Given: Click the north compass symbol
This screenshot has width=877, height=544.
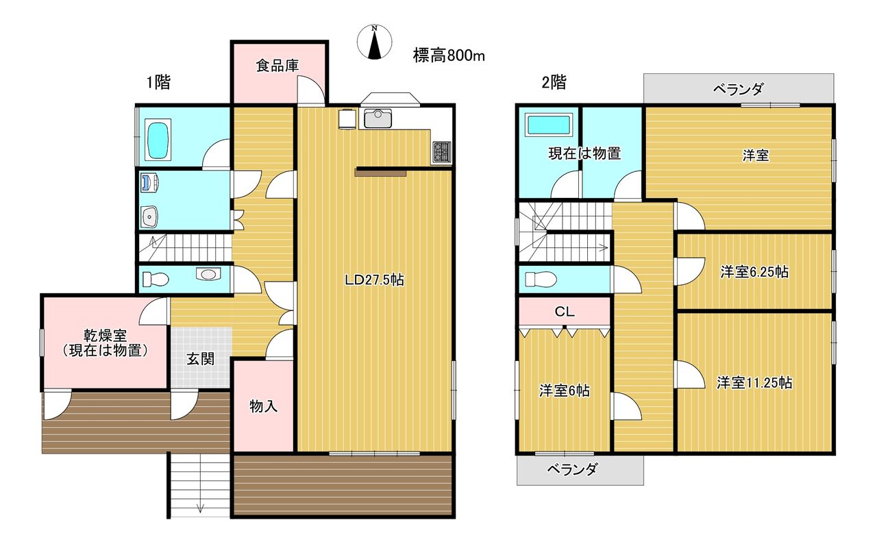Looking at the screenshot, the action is point(375,42).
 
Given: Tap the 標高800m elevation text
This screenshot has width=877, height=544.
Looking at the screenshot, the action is point(449,55).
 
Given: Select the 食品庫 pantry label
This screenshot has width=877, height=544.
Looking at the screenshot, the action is point(277,65).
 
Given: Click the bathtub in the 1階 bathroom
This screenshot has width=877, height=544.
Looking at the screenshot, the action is point(158,141).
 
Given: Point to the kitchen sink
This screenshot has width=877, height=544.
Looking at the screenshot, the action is point(378,119).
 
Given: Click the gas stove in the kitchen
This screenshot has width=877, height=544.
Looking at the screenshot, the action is point(442,152).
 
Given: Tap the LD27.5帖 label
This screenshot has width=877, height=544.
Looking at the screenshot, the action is point(374,280).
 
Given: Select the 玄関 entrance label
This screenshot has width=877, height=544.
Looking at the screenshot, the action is point(201,359).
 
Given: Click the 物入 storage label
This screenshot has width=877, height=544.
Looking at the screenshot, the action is point(264,406).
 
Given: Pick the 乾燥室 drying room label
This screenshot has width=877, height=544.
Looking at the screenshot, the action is point(105,336).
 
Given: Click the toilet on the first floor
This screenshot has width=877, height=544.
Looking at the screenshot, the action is point(156,280).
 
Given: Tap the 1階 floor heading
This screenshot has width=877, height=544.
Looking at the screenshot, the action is point(158,83).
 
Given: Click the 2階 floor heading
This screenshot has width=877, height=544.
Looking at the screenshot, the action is point(554,83).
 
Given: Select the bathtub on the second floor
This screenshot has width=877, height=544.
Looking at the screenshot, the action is point(548,125).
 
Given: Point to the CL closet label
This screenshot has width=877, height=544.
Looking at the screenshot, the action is point(564,312).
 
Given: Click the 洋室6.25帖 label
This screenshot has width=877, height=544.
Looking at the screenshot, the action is point(754,271).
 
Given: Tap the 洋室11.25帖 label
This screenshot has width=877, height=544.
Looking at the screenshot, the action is point(754,382).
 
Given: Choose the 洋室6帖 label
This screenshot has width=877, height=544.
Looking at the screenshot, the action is point(564,391).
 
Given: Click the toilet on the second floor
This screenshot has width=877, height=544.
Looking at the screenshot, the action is point(541,280).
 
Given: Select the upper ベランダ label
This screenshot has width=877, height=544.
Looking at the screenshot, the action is point(738,89).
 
